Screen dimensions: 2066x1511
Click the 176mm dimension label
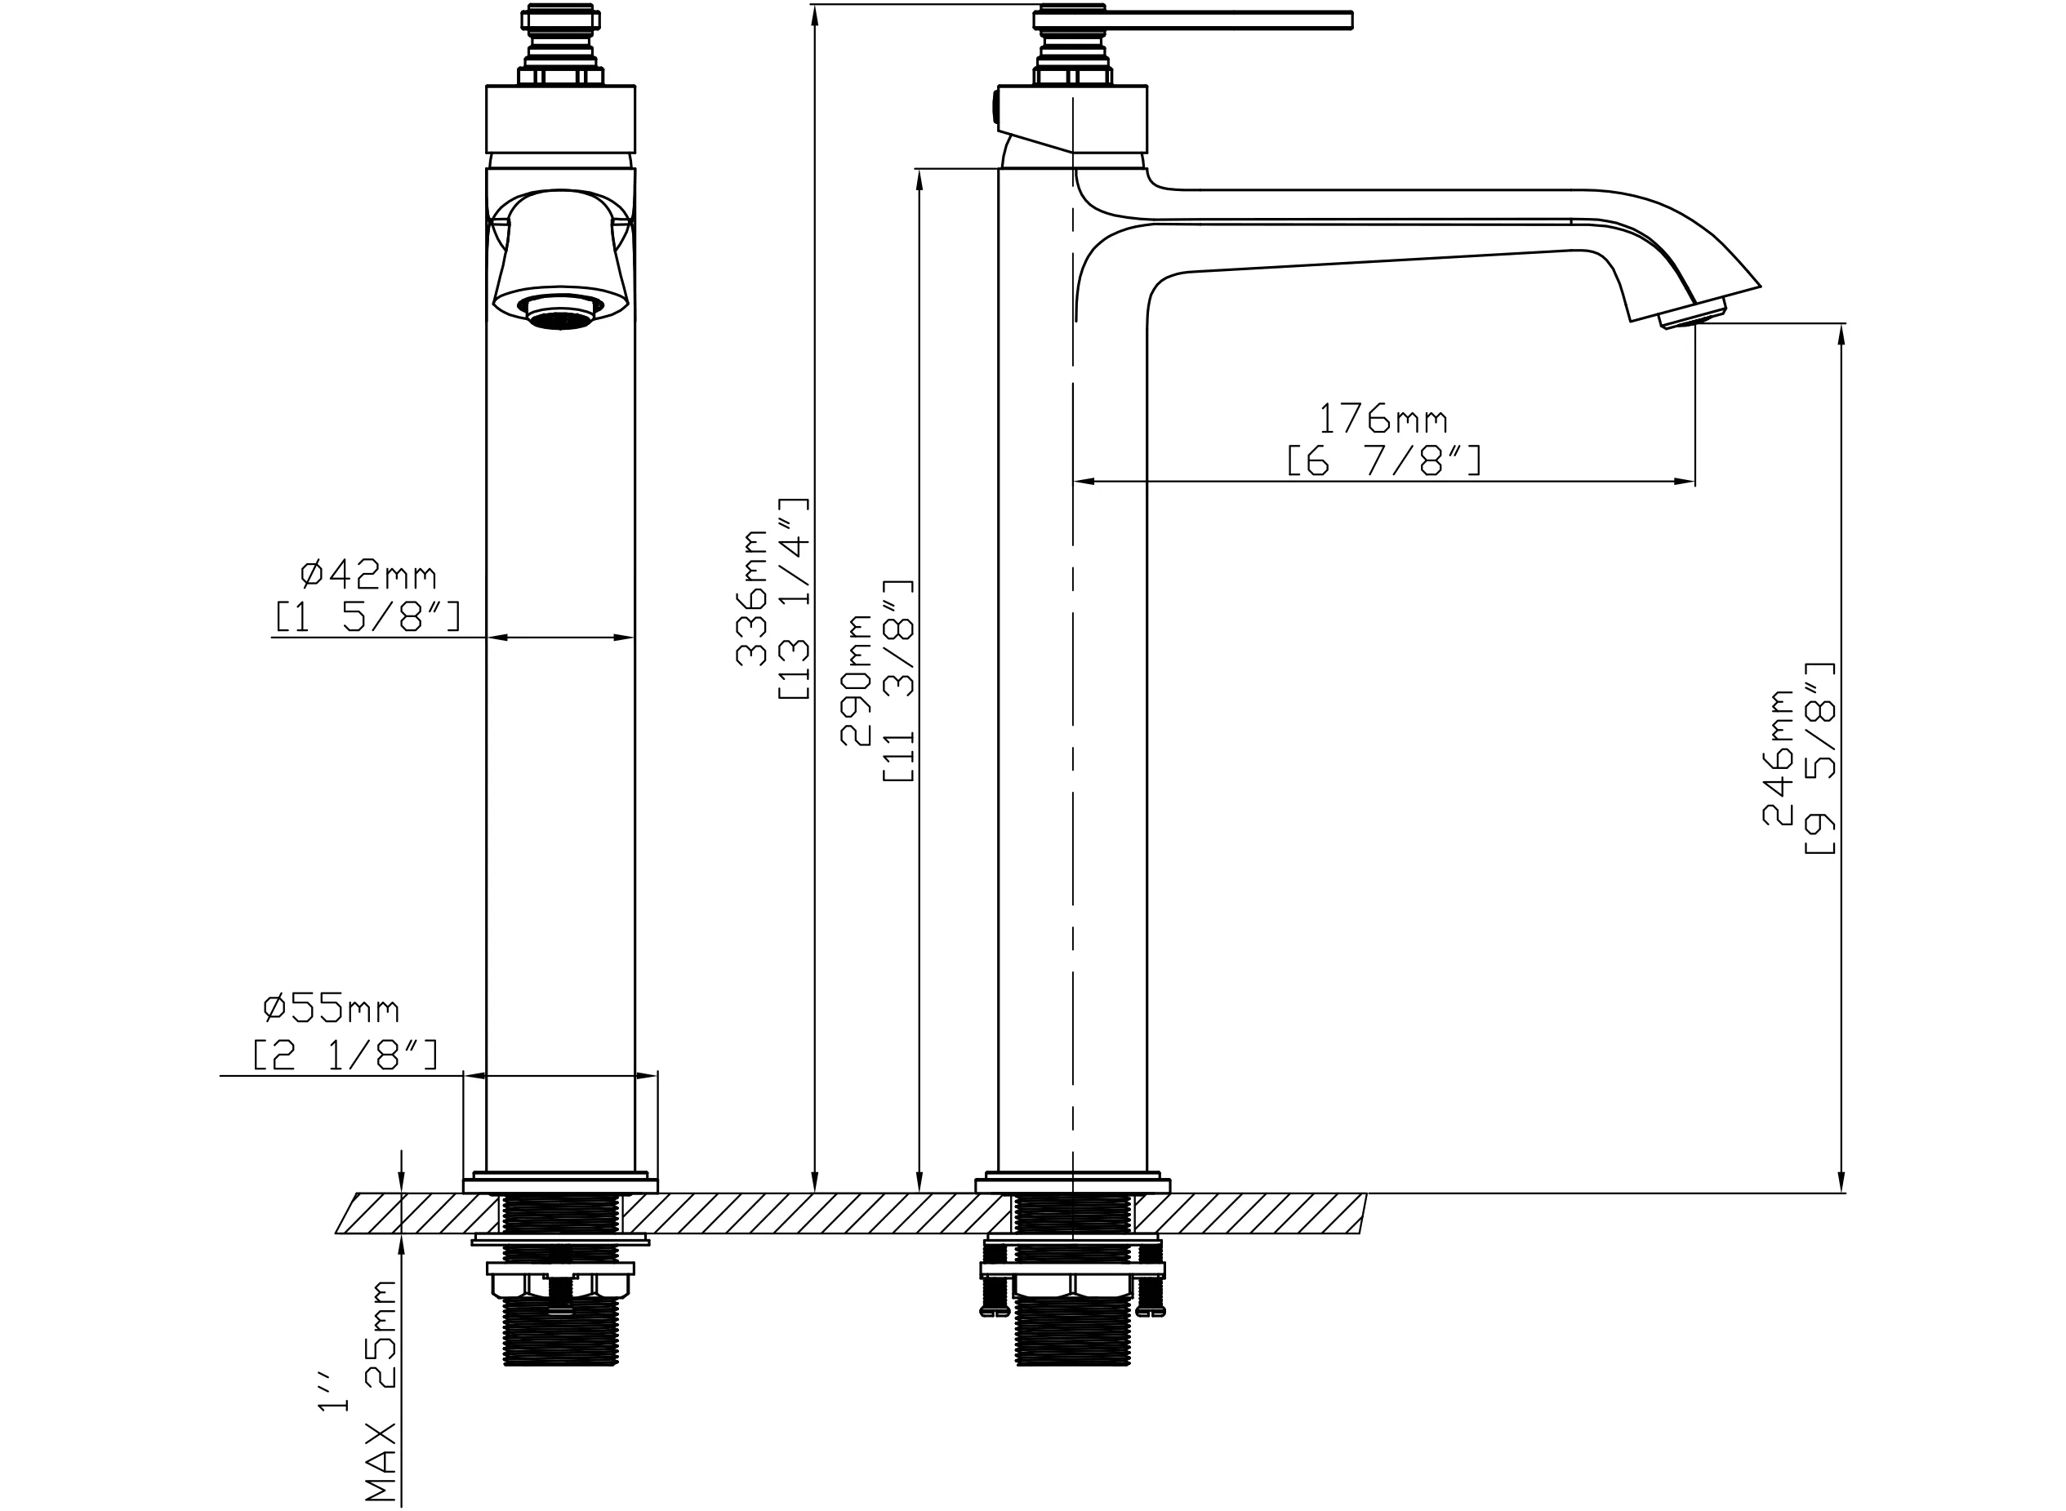pyautogui.click(x=1383, y=419)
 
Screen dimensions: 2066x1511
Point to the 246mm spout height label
pyautogui.click(x=1779, y=758)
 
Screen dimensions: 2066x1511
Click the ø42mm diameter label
pyautogui.click(x=369, y=575)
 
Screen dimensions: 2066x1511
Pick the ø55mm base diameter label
pyautogui.click(x=332, y=1010)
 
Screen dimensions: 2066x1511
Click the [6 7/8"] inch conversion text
pyautogui.click(x=1383, y=461)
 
